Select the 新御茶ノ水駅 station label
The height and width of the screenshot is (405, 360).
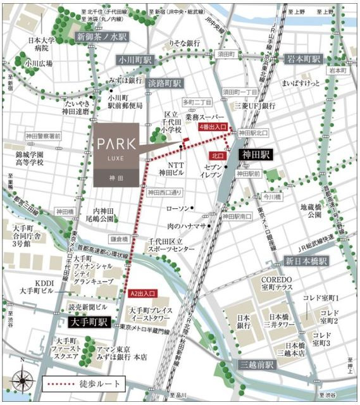102,36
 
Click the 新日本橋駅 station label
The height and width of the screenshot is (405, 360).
306,261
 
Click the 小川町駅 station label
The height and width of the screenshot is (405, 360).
135,59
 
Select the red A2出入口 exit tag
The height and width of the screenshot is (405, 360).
141,294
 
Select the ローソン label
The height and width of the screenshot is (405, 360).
177,209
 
